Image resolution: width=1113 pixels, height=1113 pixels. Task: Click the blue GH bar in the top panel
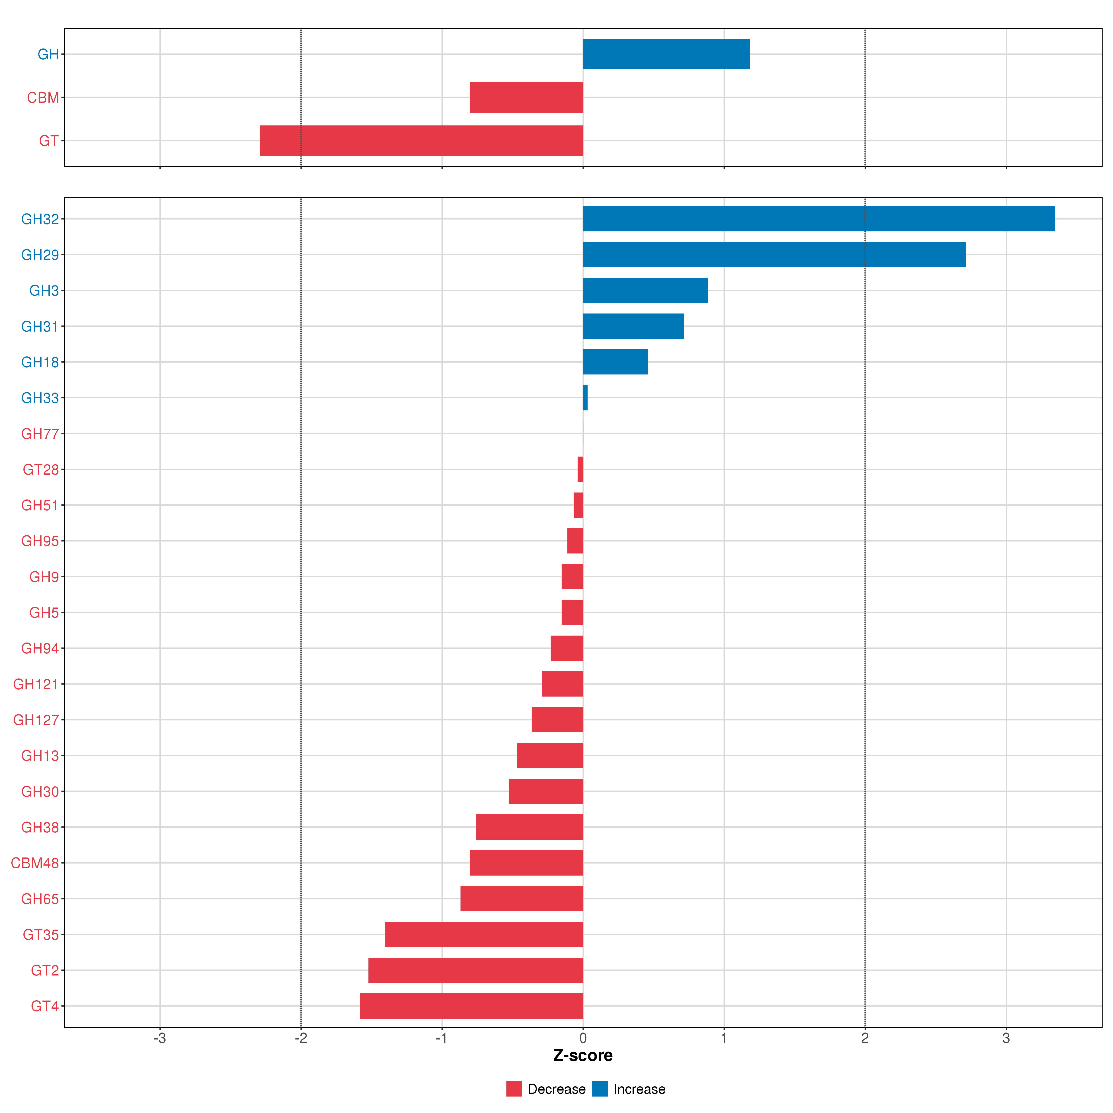(x=666, y=54)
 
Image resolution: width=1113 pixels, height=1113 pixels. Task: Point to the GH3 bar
(x=645, y=290)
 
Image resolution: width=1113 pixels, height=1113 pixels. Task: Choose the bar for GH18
(x=615, y=362)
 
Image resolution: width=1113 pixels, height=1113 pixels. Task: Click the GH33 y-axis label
(x=40, y=398)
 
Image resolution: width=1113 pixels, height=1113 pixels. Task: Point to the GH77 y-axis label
(x=40, y=434)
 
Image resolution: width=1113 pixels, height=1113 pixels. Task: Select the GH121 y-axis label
(x=36, y=684)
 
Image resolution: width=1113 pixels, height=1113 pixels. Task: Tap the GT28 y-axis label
(x=41, y=470)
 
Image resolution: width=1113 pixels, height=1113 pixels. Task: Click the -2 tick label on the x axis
(x=301, y=1038)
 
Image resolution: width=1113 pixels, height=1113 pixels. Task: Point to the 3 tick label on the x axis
(x=1006, y=1038)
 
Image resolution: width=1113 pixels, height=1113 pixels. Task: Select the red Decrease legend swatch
(x=514, y=1089)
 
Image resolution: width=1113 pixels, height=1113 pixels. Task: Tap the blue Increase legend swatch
(x=600, y=1089)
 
